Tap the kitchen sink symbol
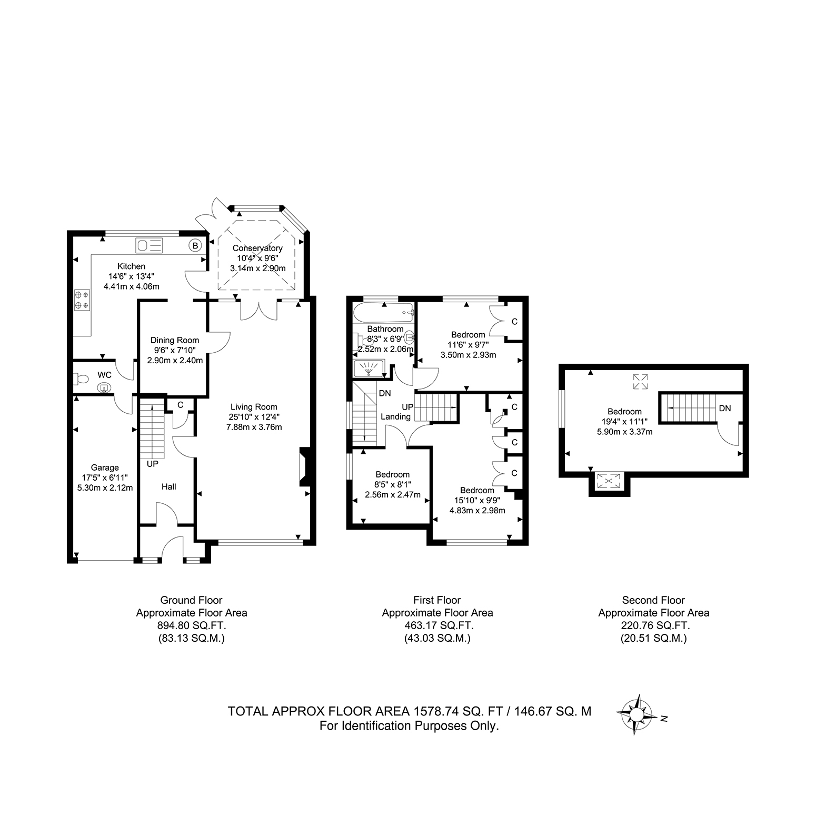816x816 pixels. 150,245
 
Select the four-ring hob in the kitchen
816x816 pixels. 82,300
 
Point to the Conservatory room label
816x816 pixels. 257,248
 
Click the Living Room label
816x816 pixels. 254,406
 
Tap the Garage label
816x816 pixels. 105,467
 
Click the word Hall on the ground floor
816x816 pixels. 169,487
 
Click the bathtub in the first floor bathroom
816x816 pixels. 384,313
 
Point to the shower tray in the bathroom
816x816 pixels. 371,369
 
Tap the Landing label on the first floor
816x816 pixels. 395,416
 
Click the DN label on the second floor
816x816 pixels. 725,408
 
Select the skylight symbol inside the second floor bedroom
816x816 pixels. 640,382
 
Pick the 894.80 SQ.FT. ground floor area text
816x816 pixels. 192,625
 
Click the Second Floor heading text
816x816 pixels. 653,600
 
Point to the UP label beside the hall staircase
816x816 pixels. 153,464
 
